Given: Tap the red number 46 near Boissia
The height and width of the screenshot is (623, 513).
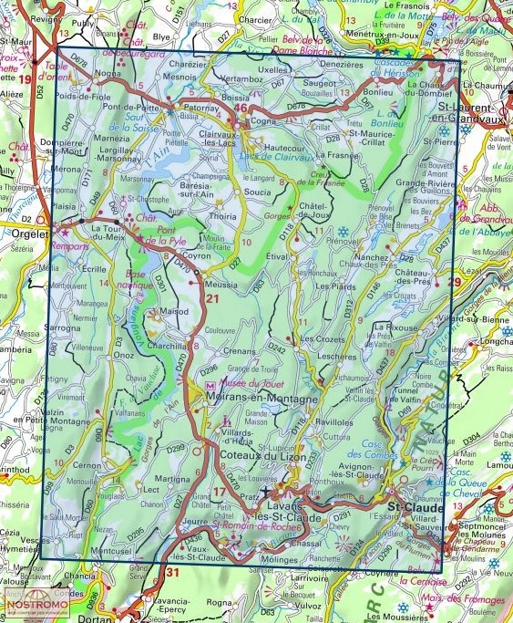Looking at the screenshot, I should (241, 109).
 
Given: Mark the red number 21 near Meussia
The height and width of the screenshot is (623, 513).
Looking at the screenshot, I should (213, 299).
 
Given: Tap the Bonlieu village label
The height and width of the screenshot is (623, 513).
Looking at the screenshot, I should (375, 93).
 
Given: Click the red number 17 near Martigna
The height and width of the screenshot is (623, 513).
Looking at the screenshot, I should (220, 493).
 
